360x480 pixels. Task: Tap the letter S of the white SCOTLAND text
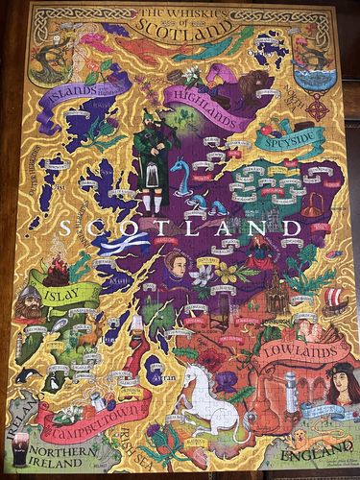pos(64,229)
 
